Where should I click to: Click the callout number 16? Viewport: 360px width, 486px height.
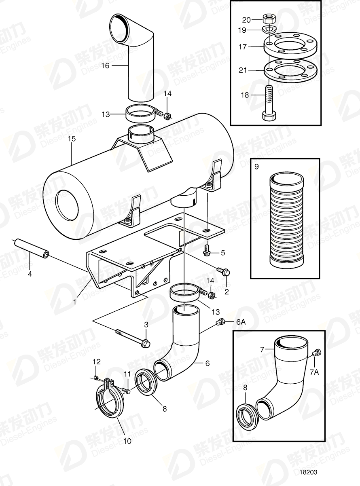click(105, 65)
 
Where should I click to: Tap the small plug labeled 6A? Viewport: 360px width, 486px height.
click(221, 322)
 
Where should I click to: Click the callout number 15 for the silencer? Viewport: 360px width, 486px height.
click(72, 139)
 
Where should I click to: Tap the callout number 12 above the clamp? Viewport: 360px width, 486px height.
click(96, 361)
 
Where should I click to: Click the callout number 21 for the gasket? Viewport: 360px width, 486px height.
click(243, 70)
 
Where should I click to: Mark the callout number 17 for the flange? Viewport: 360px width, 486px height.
click(243, 47)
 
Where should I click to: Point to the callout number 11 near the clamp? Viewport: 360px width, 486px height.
click(127, 373)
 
